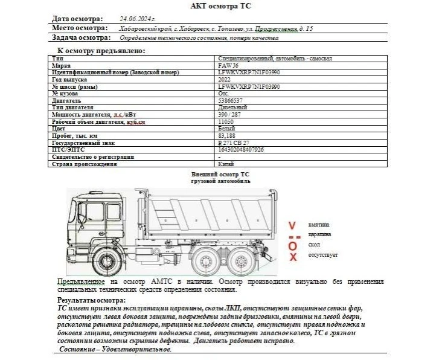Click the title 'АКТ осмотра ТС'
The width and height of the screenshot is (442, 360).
click(x=220, y=6)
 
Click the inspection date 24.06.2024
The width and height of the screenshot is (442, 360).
click(x=138, y=19)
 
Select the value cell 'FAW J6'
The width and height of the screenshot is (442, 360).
click(x=228, y=65)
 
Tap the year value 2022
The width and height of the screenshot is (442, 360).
click(x=224, y=79)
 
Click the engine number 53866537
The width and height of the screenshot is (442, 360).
click(x=230, y=100)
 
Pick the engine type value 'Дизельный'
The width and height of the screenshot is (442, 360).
click(x=232, y=108)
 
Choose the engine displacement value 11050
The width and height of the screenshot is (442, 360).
click(x=226, y=121)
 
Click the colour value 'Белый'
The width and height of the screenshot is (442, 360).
click(x=226, y=129)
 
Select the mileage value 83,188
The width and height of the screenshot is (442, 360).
click(x=226, y=136)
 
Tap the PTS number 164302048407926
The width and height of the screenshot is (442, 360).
click(x=241, y=149)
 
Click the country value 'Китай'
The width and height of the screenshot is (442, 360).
click(x=226, y=164)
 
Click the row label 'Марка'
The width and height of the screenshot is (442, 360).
click(x=62, y=65)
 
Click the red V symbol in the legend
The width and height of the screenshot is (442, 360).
click(x=292, y=225)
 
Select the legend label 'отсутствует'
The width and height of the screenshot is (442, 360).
click(x=322, y=255)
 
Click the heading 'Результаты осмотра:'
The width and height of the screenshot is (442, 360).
click(x=91, y=300)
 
